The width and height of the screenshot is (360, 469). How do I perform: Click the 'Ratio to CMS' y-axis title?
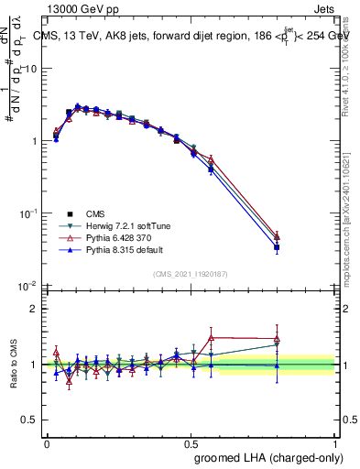[x=12, y=365]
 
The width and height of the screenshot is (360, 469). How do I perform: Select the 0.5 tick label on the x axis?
[x=191, y=443]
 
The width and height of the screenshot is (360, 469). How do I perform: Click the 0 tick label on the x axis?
[x=47, y=443]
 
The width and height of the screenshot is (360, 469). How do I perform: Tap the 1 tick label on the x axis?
[x=334, y=443]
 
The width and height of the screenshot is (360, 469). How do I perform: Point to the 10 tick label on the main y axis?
[x=31, y=69]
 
